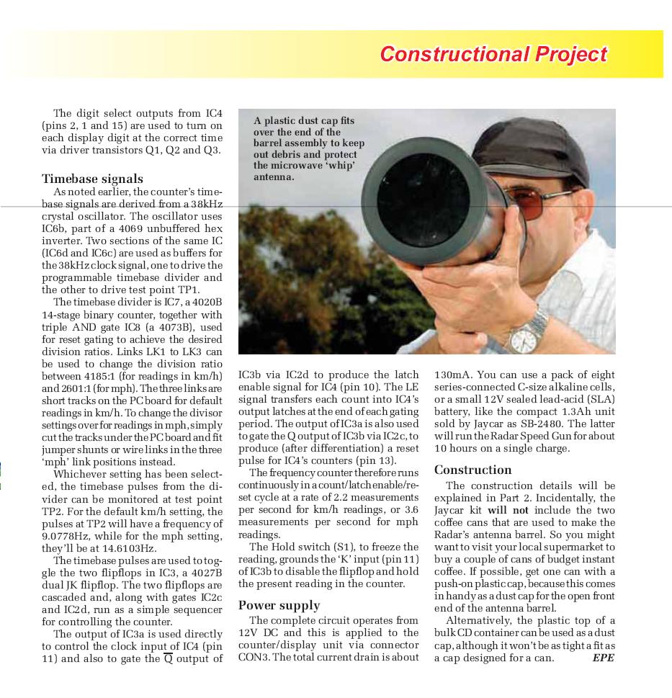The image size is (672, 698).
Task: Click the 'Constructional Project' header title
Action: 493,54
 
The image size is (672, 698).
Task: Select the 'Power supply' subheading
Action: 279,605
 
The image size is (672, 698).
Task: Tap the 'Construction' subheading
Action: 472,470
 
